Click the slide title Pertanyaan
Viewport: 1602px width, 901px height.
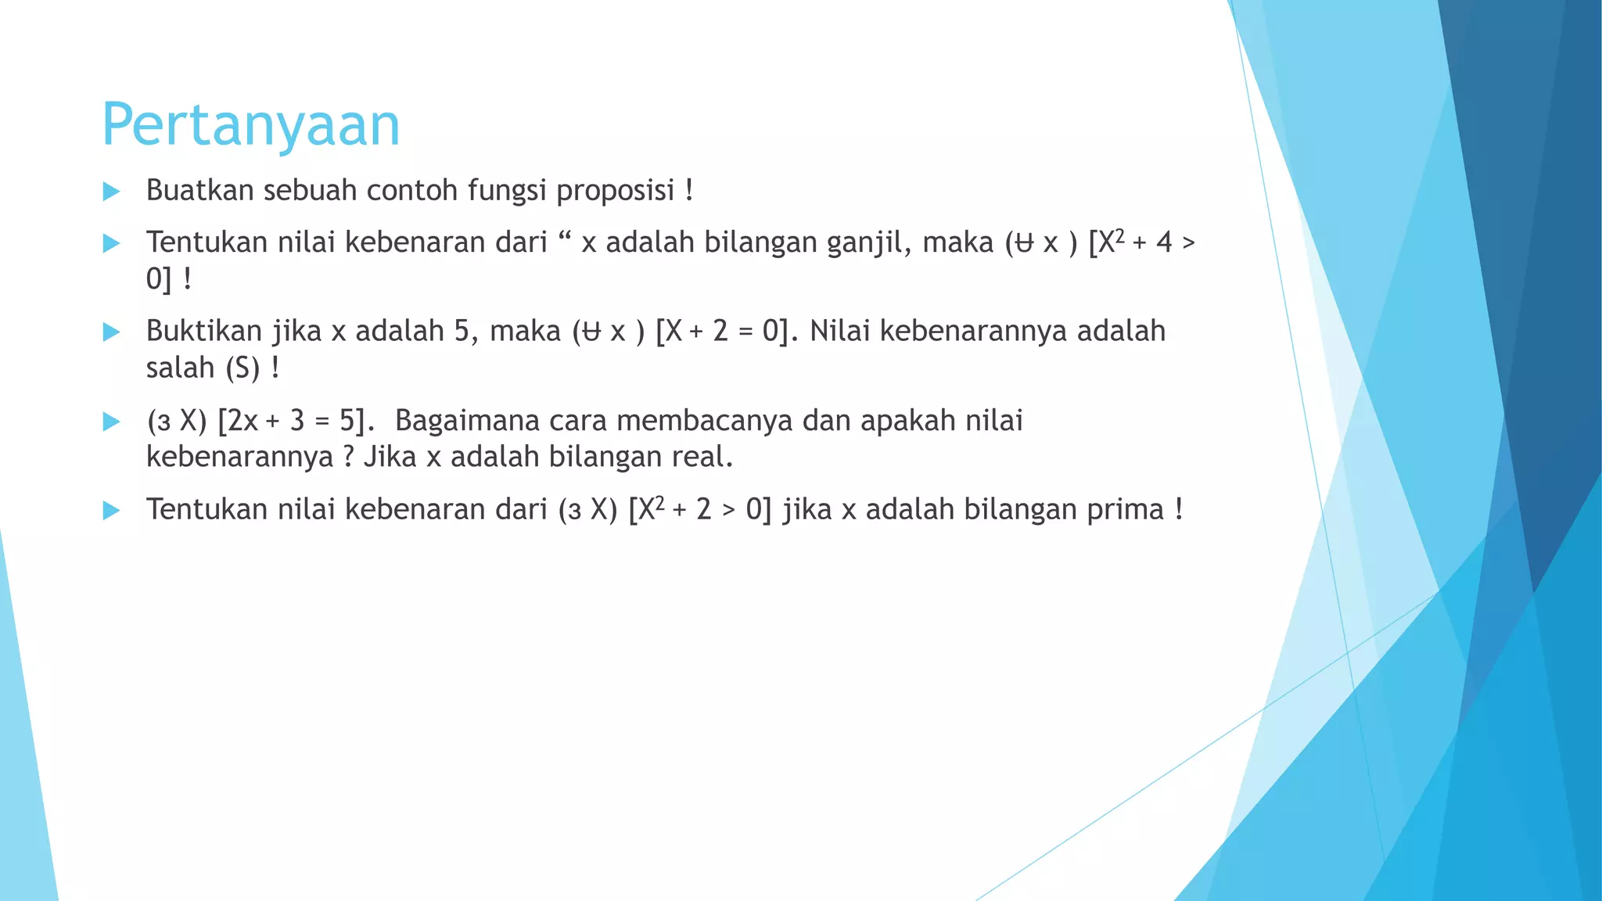pyautogui.click(x=250, y=125)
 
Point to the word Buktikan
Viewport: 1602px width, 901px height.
pyautogui.click(x=203, y=332)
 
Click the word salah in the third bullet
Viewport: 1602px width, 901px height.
pyautogui.click(x=180, y=368)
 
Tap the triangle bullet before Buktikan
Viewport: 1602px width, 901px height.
pyautogui.click(x=111, y=332)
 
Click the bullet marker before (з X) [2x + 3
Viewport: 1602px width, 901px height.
pyautogui.click(x=111, y=422)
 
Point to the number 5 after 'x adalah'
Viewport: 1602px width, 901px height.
pyautogui.click(x=462, y=332)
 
